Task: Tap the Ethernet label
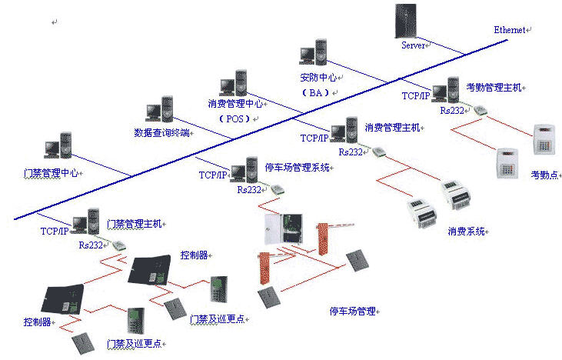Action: click(x=510, y=29)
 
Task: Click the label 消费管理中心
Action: click(x=236, y=103)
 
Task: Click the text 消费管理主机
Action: click(x=392, y=127)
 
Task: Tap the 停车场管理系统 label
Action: click(x=297, y=166)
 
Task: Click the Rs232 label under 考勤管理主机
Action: click(x=452, y=111)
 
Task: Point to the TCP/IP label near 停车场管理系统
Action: click(x=214, y=175)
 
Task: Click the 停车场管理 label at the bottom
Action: click(x=352, y=311)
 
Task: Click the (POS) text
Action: click(x=234, y=119)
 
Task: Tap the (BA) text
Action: click(x=315, y=92)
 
